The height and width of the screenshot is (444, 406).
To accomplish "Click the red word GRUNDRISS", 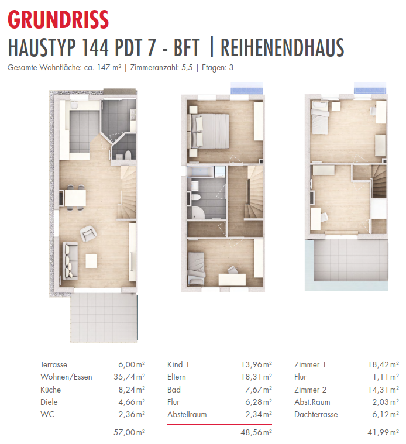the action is click(59, 19).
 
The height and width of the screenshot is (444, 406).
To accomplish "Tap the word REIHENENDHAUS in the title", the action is click(283, 47).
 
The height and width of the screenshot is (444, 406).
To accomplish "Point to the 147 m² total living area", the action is click(109, 67).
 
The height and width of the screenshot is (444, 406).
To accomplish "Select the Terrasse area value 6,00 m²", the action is click(132, 364).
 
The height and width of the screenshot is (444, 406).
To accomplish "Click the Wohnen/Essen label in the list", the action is click(66, 377).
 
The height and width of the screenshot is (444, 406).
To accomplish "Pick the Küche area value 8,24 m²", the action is click(132, 390).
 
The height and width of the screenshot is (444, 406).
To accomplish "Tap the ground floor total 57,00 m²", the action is click(129, 432).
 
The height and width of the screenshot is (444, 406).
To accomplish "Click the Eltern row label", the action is click(177, 377).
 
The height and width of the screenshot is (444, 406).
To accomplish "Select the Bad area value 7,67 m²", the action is click(259, 390).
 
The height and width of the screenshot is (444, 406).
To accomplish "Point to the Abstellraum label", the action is click(187, 414).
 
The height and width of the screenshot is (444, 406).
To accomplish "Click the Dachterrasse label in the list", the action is click(316, 414).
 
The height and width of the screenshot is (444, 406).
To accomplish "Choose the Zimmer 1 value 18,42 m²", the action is click(383, 364).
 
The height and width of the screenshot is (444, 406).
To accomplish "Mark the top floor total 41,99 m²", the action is click(383, 432).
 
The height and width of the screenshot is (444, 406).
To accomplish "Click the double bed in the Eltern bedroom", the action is click(208, 131).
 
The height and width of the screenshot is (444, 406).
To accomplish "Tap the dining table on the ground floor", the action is click(75, 198).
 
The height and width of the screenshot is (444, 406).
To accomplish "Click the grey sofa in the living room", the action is click(70, 261).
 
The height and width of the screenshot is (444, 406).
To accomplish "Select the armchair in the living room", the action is click(88, 233).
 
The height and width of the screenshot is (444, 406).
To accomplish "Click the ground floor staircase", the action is click(126, 192).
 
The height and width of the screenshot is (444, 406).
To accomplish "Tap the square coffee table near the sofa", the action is click(91, 261).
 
